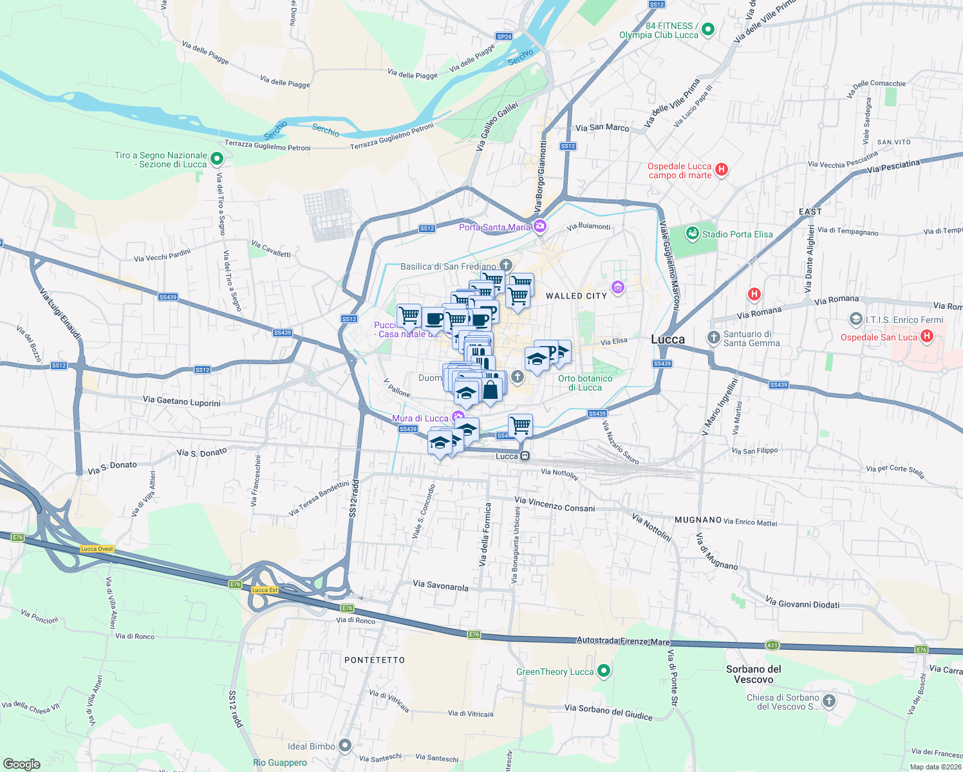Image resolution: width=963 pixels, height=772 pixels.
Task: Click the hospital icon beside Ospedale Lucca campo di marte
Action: tap(722, 170)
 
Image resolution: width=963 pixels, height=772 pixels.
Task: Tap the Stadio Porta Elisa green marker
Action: tap(692, 234)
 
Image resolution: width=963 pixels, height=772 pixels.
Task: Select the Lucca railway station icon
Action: tap(525, 456)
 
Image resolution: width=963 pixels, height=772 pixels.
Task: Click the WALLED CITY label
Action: tap(576, 296)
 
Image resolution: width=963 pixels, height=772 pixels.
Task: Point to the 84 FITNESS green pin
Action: tap(708, 30)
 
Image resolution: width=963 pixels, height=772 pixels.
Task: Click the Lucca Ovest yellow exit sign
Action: tap(97, 549)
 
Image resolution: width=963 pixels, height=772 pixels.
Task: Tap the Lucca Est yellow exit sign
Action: tap(265, 590)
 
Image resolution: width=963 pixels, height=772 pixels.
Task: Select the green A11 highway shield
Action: tap(772, 645)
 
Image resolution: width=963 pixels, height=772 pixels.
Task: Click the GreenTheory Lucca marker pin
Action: tap(603, 671)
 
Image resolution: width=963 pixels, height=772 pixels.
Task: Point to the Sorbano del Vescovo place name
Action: tap(753, 674)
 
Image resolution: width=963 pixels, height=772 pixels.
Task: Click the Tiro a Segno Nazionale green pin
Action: tap(217, 158)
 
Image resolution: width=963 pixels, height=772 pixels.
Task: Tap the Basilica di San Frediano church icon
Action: tap(506, 266)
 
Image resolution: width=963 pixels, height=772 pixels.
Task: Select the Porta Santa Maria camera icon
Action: tap(539, 226)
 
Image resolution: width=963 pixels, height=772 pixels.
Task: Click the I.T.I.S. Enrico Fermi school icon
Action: tap(855, 319)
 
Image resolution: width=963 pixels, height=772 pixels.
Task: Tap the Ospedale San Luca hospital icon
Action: tap(926, 336)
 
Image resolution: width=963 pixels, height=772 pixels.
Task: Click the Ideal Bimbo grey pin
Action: tap(345, 746)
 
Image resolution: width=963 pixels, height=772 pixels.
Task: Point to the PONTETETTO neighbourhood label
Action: tap(375, 660)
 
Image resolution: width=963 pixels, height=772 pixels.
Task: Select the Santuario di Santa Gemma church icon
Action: tap(713, 338)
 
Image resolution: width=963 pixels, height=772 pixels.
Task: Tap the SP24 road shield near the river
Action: tap(504, 37)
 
